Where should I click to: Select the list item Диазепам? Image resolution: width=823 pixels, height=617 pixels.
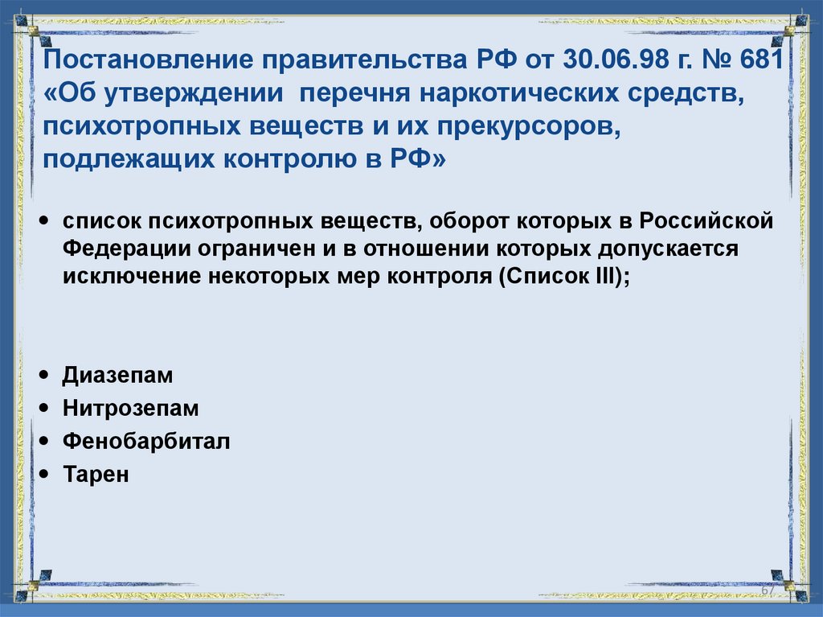tap(117, 376)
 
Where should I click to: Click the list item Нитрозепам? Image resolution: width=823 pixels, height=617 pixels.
tap(130, 409)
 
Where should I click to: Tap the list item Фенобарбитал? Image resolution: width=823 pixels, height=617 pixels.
tap(146, 442)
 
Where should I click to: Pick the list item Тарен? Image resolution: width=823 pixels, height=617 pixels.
tap(96, 475)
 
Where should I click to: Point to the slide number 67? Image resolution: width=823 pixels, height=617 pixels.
tap(768, 591)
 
